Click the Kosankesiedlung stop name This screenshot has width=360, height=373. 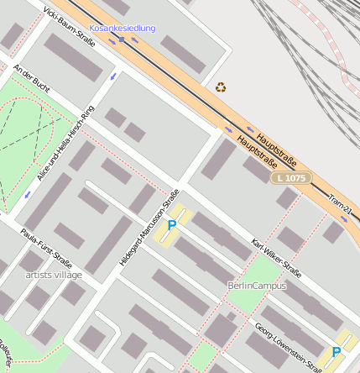coord(123,29)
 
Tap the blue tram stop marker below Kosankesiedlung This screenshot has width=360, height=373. coord(122,39)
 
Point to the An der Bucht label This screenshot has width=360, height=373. coord(32,81)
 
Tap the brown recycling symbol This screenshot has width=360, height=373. coord(221,87)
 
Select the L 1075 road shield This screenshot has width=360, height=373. coord(290,178)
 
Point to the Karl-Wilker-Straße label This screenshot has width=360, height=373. coord(276,255)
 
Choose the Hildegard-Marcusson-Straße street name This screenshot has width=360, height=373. coord(150,228)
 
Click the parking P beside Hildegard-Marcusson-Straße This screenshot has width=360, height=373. coord(172,225)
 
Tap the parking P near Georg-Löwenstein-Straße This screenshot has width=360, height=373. coord(337,352)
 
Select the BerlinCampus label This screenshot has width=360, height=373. coord(257,286)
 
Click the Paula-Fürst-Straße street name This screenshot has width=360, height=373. coord(46,250)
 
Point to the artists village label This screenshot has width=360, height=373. coord(54,275)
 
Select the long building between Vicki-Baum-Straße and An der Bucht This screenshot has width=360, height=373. coord(72,58)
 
